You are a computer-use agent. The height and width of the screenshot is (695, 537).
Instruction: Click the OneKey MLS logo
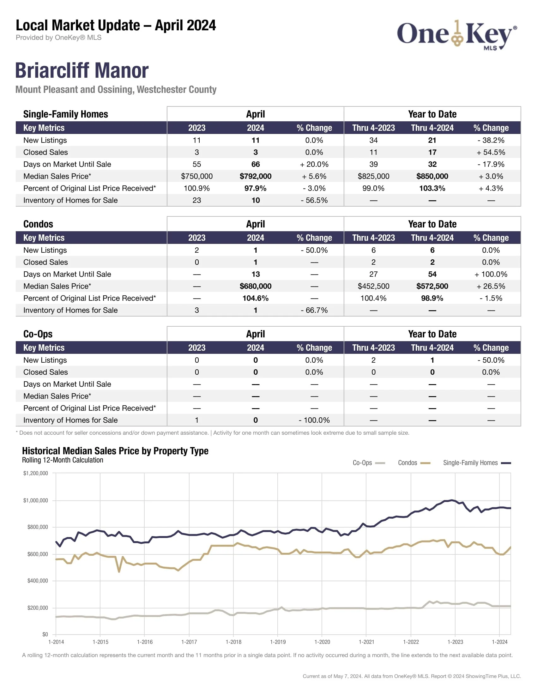tap(456, 35)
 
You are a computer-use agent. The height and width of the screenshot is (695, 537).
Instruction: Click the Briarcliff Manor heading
tap(82, 70)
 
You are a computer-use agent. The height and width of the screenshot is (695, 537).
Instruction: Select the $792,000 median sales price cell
tap(256, 176)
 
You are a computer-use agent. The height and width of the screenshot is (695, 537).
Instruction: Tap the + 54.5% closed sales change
tap(491, 153)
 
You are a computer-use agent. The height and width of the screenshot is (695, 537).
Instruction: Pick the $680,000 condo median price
tap(256, 286)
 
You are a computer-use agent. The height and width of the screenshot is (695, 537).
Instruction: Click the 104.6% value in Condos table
tap(256, 298)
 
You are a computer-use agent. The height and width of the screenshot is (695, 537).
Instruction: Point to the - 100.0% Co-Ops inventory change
tap(314, 420)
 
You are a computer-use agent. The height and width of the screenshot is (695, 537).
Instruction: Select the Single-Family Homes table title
tap(65, 114)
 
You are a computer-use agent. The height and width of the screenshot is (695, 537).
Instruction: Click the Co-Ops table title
tap(38, 334)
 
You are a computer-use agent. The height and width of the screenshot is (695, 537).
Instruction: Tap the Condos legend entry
tap(414, 463)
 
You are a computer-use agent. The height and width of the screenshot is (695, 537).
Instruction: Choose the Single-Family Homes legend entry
tap(477, 463)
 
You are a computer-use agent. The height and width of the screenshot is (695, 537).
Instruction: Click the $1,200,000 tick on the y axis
tap(36, 473)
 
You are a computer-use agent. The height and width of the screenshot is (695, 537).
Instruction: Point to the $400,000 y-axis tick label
tap(38, 581)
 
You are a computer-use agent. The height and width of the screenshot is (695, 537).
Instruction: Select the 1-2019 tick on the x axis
tap(278, 642)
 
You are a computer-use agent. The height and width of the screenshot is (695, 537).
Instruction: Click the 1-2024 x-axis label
tap(499, 642)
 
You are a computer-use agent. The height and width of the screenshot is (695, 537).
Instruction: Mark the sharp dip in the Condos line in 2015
tap(119, 571)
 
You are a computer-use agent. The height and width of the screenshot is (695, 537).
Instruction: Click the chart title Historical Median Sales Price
tap(115, 451)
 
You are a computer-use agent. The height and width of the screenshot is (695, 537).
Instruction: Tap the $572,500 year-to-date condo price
tap(432, 286)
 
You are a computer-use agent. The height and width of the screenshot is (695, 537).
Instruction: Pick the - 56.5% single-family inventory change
tap(314, 201)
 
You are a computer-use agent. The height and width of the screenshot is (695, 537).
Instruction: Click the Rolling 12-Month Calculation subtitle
tap(63, 460)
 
